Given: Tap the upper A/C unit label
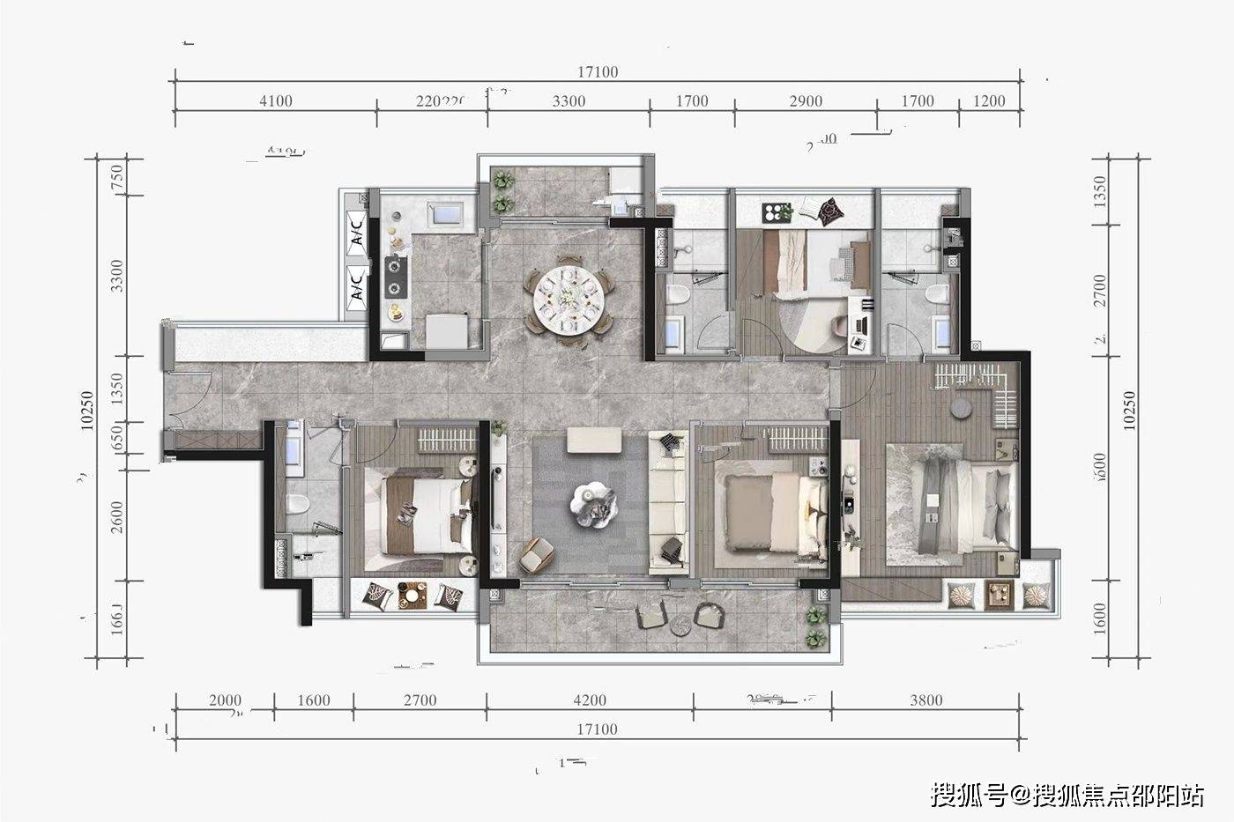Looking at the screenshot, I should (357, 232).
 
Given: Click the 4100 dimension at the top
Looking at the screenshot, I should (276, 101).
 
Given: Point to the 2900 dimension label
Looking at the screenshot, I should (806, 101).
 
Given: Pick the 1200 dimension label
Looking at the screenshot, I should (989, 101).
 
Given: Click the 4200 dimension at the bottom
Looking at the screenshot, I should (590, 700).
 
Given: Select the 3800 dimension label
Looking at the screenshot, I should (926, 700).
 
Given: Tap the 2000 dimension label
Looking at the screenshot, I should (225, 700).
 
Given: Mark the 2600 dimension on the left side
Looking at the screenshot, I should (118, 517).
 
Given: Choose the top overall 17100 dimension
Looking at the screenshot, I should (598, 72).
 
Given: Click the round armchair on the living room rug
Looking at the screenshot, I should (534, 553).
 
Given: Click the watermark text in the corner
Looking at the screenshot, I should (1067, 795).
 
